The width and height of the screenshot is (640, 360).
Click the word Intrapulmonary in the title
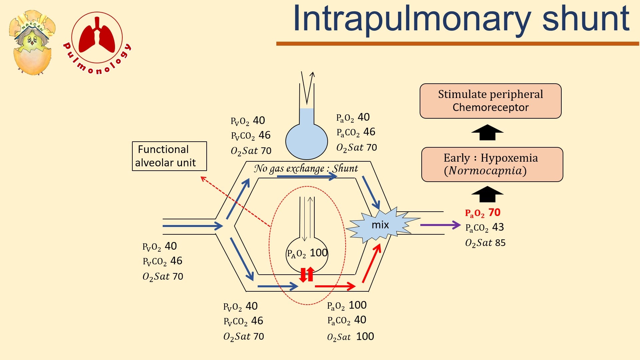[x=412, y=20]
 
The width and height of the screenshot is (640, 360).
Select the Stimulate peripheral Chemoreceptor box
[x=490, y=101]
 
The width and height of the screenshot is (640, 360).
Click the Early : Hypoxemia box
[x=492, y=164]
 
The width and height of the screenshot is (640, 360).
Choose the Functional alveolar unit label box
[x=169, y=156]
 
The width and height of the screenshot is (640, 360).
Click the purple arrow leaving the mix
[x=440, y=225]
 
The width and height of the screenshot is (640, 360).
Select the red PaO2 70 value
[x=483, y=213]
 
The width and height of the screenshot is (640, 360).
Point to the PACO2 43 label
[x=485, y=228]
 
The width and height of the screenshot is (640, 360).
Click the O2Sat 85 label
[x=485, y=243]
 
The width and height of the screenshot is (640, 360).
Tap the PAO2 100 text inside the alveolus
[x=307, y=253]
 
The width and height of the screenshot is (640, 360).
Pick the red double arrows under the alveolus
[x=307, y=274]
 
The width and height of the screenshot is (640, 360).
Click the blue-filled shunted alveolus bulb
[x=307, y=140]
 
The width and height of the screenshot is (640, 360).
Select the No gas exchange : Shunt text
[x=306, y=169]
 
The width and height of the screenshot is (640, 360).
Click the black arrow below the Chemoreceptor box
[x=487, y=132]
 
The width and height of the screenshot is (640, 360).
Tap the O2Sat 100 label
[x=350, y=337]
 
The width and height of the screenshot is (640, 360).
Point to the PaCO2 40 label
[x=347, y=320]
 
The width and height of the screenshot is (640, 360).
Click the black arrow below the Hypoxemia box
[x=487, y=194]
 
